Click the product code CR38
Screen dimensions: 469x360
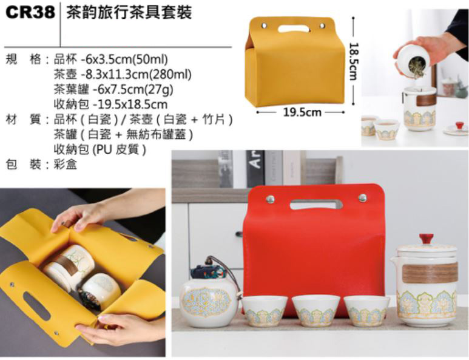pyautogui.click(x=30, y=12)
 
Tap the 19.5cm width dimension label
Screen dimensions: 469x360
pyautogui.click(x=302, y=112)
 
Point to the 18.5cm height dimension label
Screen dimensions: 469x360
pyautogui.click(x=353, y=61)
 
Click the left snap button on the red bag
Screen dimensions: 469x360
pyautogui.click(x=270, y=198)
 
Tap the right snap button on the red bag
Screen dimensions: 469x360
pyautogui.click(x=362, y=197)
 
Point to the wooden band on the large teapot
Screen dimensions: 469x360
pyautogui.click(x=430, y=273)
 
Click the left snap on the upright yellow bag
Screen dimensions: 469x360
pyautogui.click(x=265, y=25)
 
